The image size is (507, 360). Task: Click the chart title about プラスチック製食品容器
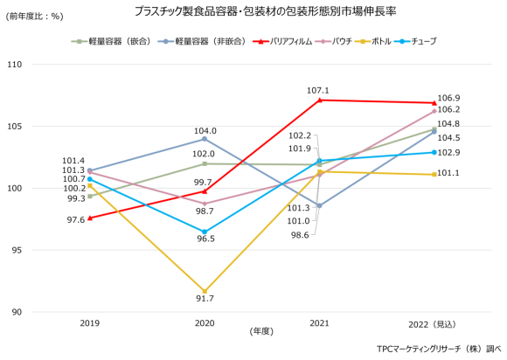coord(253,11)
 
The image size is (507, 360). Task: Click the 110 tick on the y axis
coord(16,65)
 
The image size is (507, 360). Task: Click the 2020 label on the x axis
coord(205,323)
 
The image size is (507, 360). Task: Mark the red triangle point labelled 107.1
coord(320,100)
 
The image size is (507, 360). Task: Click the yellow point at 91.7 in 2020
coord(205,291)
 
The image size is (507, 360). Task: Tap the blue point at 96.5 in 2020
coord(205,232)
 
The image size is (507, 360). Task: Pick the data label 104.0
coord(205,131)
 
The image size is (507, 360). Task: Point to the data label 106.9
coord(448,98)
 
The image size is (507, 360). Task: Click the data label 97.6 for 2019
coord(73,220)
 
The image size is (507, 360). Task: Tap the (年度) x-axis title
coord(261,331)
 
